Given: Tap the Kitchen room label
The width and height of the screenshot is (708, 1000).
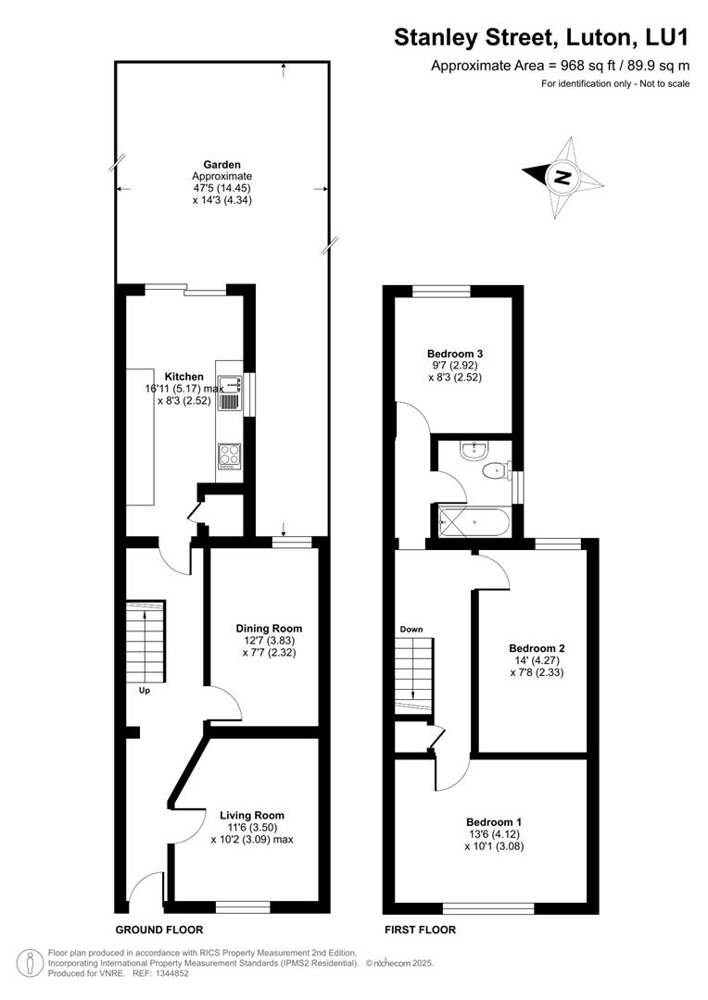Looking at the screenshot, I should (x=183, y=376).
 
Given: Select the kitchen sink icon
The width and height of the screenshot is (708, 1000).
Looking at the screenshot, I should (x=229, y=389).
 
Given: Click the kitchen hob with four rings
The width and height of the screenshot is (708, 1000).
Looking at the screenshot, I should (x=228, y=455).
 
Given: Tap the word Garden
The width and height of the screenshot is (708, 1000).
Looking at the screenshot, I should (x=221, y=165).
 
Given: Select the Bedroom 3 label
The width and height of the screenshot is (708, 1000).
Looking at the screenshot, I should (x=454, y=354).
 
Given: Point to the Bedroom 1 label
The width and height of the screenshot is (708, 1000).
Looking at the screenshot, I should (x=494, y=822).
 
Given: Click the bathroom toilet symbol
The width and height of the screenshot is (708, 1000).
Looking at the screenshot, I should (x=497, y=471).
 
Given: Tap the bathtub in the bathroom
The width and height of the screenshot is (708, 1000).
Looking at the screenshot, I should (x=473, y=522).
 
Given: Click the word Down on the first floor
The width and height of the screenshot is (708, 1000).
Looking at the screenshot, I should (x=411, y=629).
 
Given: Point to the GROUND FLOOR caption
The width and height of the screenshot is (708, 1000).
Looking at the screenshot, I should (x=158, y=930).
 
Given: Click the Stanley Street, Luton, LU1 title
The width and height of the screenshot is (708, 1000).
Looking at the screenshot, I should (x=542, y=37).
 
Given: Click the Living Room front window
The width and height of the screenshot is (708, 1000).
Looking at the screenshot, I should (x=243, y=905).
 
